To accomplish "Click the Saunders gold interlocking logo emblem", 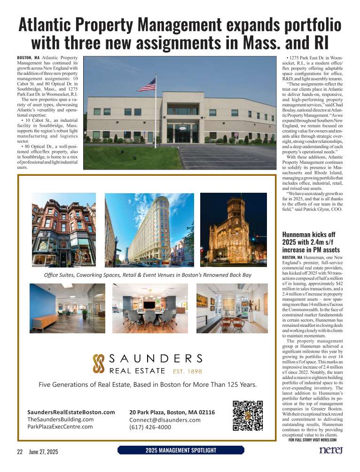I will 98,364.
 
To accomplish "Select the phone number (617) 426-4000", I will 150,427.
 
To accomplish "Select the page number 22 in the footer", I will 20,451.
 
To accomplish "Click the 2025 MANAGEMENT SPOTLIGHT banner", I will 181,451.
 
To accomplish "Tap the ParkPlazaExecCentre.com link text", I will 61,427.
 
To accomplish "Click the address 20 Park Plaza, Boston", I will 172,412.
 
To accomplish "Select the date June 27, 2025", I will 44,451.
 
